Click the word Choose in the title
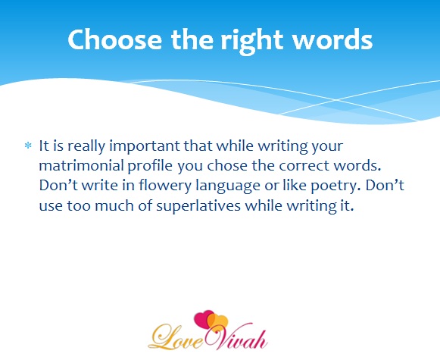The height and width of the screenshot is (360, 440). click(115, 39)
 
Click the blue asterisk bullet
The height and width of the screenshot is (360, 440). click(28, 146)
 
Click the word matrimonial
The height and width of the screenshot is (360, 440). click(81, 165)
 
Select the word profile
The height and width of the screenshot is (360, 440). click(150, 166)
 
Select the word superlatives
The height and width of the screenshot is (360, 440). click(198, 206)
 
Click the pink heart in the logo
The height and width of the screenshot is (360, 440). click(203, 319)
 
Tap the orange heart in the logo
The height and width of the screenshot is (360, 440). click(219, 323)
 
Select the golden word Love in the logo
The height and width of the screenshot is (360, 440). click(176, 337)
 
